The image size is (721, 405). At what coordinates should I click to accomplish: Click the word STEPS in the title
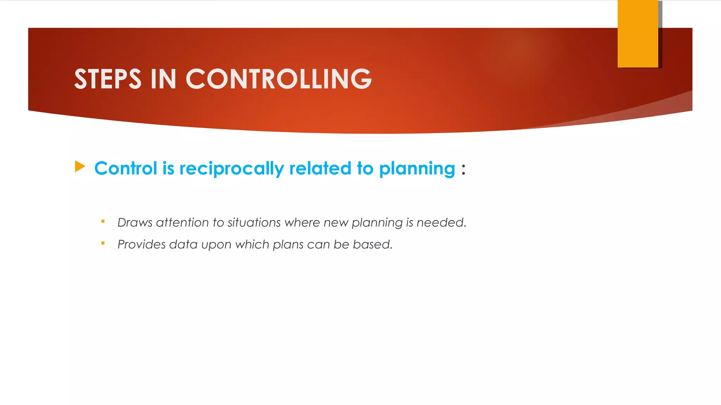(108, 79)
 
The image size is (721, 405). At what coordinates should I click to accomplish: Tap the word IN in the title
(163, 79)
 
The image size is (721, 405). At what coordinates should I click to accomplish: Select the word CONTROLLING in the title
(278, 79)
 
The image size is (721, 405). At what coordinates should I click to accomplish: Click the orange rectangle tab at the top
(638, 34)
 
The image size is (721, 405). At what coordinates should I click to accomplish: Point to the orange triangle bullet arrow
(80, 167)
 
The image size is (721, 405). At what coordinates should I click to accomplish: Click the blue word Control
(126, 168)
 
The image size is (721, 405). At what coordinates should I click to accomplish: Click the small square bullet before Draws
(103, 221)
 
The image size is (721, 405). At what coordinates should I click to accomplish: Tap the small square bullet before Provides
(103, 243)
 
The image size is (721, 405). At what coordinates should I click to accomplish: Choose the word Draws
(135, 223)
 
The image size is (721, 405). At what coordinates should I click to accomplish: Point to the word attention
(182, 223)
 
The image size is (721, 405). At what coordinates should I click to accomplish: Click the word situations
(254, 223)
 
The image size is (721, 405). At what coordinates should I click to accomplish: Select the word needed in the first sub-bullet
(441, 223)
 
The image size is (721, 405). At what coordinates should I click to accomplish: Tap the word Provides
(141, 244)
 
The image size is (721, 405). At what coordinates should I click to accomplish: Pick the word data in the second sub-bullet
(183, 244)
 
